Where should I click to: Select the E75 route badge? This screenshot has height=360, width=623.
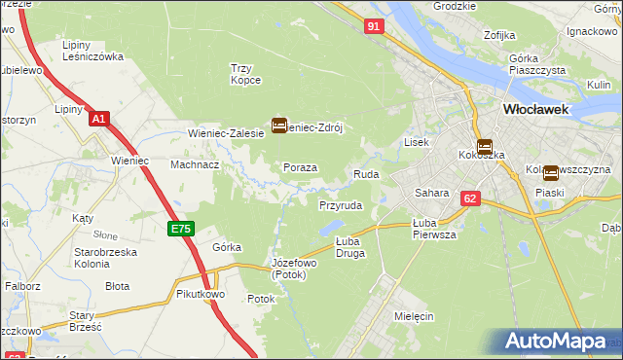(181, 228)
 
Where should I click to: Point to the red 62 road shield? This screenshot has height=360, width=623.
(471, 198)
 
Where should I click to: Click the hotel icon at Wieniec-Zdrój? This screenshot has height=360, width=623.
(279, 125)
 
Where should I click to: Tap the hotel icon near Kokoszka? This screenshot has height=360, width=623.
(484, 146)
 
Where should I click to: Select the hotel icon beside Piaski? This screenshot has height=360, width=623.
(551, 173)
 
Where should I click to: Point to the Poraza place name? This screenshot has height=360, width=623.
(301, 167)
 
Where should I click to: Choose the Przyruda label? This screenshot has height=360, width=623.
(341, 205)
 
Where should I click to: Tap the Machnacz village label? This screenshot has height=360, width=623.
(194, 164)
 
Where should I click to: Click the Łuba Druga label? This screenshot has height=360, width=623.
(349, 246)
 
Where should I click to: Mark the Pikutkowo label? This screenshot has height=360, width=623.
(202, 293)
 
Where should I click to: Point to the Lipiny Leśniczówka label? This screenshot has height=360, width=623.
(92, 51)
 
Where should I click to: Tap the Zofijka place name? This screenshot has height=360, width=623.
(498, 35)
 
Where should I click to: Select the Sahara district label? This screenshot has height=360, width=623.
(431, 193)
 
